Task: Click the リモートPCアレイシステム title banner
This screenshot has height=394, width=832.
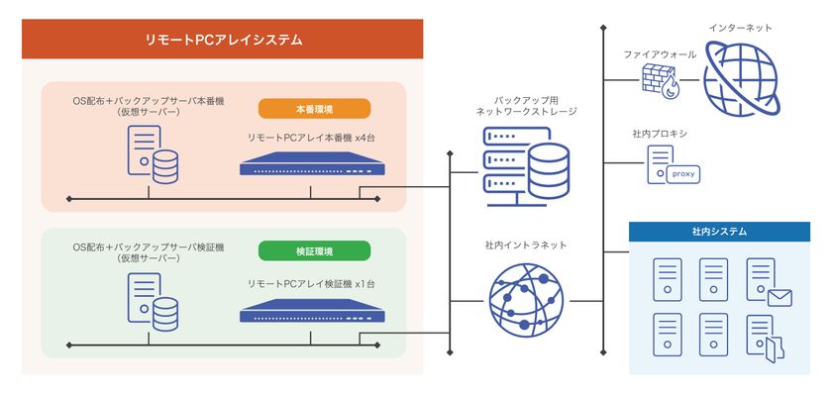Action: [223, 40]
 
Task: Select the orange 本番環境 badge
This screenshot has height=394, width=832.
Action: [314, 109]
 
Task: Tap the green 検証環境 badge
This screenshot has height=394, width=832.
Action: [314, 250]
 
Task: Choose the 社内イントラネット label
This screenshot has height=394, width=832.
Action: [526, 245]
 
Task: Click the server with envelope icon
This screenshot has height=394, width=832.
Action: [766, 282]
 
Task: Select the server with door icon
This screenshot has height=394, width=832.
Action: [765, 337]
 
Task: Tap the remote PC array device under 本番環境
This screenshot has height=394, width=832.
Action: [309, 165]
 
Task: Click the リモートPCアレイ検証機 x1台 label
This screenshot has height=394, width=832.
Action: [311, 284]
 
